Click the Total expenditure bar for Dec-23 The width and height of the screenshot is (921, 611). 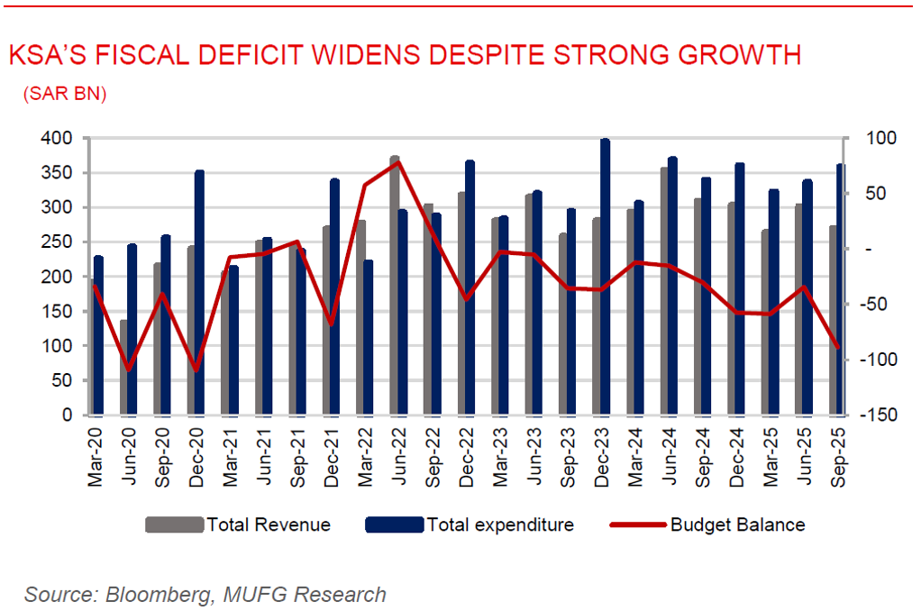click(x=605, y=278)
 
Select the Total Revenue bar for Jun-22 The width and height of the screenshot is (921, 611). click(x=395, y=286)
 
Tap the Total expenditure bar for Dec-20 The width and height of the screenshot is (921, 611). click(x=200, y=293)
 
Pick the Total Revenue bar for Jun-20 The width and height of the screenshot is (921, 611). click(x=124, y=368)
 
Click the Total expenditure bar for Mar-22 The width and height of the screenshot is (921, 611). click(x=369, y=338)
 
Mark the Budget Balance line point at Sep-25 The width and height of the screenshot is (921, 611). click(x=838, y=347)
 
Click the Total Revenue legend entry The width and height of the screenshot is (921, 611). click(x=238, y=524)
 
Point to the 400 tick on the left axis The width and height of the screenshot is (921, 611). click(x=59, y=138)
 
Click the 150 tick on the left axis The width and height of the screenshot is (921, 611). click(x=59, y=311)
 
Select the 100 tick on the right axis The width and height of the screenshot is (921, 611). click(x=874, y=138)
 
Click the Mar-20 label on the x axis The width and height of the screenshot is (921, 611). click(x=96, y=456)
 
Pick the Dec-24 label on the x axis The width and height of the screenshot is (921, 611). click(x=738, y=456)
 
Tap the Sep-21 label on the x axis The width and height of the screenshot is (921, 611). click(x=297, y=456)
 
